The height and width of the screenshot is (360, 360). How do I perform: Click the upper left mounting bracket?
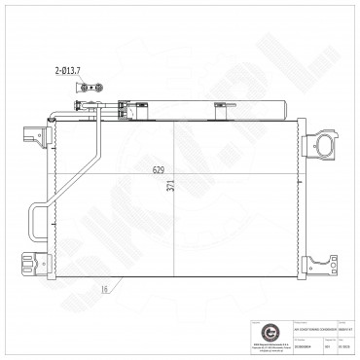click(x=29, y=130)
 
